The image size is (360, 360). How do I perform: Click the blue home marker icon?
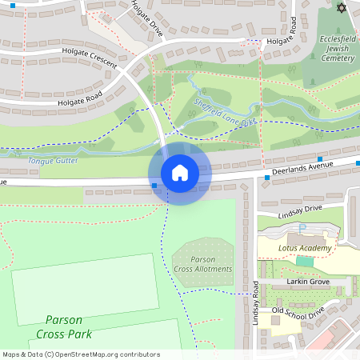click(x=179, y=172)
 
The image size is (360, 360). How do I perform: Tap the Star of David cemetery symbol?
click(x=342, y=8)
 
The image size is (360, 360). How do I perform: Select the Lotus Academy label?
click(x=305, y=248)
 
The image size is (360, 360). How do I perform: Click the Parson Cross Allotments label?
click(x=203, y=264)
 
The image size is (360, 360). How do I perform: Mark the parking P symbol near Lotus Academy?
click(x=302, y=228)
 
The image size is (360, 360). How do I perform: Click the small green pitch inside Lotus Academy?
click(x=304, y=261)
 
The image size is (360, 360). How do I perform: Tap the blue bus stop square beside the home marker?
click(x=154, y=186)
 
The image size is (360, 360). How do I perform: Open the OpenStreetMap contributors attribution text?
click(x=81, y=354)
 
